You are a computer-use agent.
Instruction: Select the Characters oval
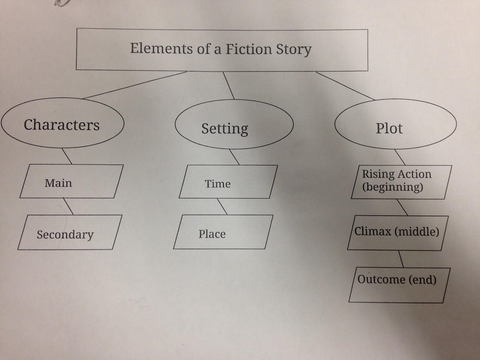tap(62, 124)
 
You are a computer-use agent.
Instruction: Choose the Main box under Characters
tap(71, 181)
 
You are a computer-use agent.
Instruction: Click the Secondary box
tap(70, 232)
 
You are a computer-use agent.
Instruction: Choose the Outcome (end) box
tap(397, 284)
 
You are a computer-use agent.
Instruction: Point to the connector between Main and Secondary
tap(68, 206)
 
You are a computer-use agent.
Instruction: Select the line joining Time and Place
tap(222, 206)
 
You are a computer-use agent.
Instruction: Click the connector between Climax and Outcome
tap(401, 259)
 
